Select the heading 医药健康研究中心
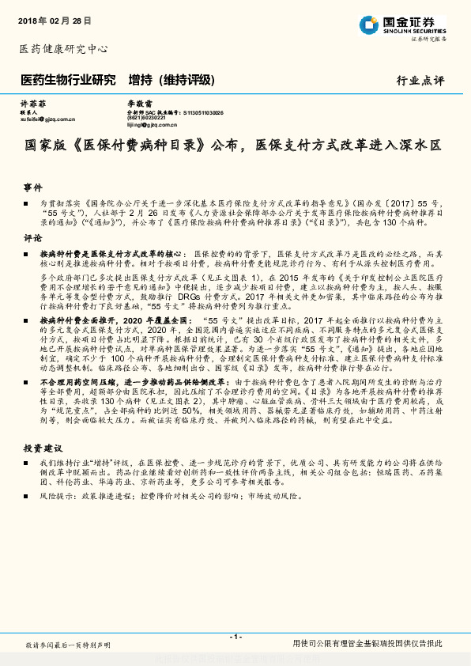click(62, 48)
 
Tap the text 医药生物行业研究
click(67, 80)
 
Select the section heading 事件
click(32, 188)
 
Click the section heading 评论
click(32, 237)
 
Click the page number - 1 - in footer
click(235, 636)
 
